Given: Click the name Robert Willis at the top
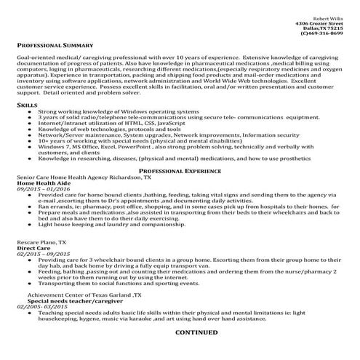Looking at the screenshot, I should point(327,17).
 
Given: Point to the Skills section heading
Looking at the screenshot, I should point(26,105).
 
